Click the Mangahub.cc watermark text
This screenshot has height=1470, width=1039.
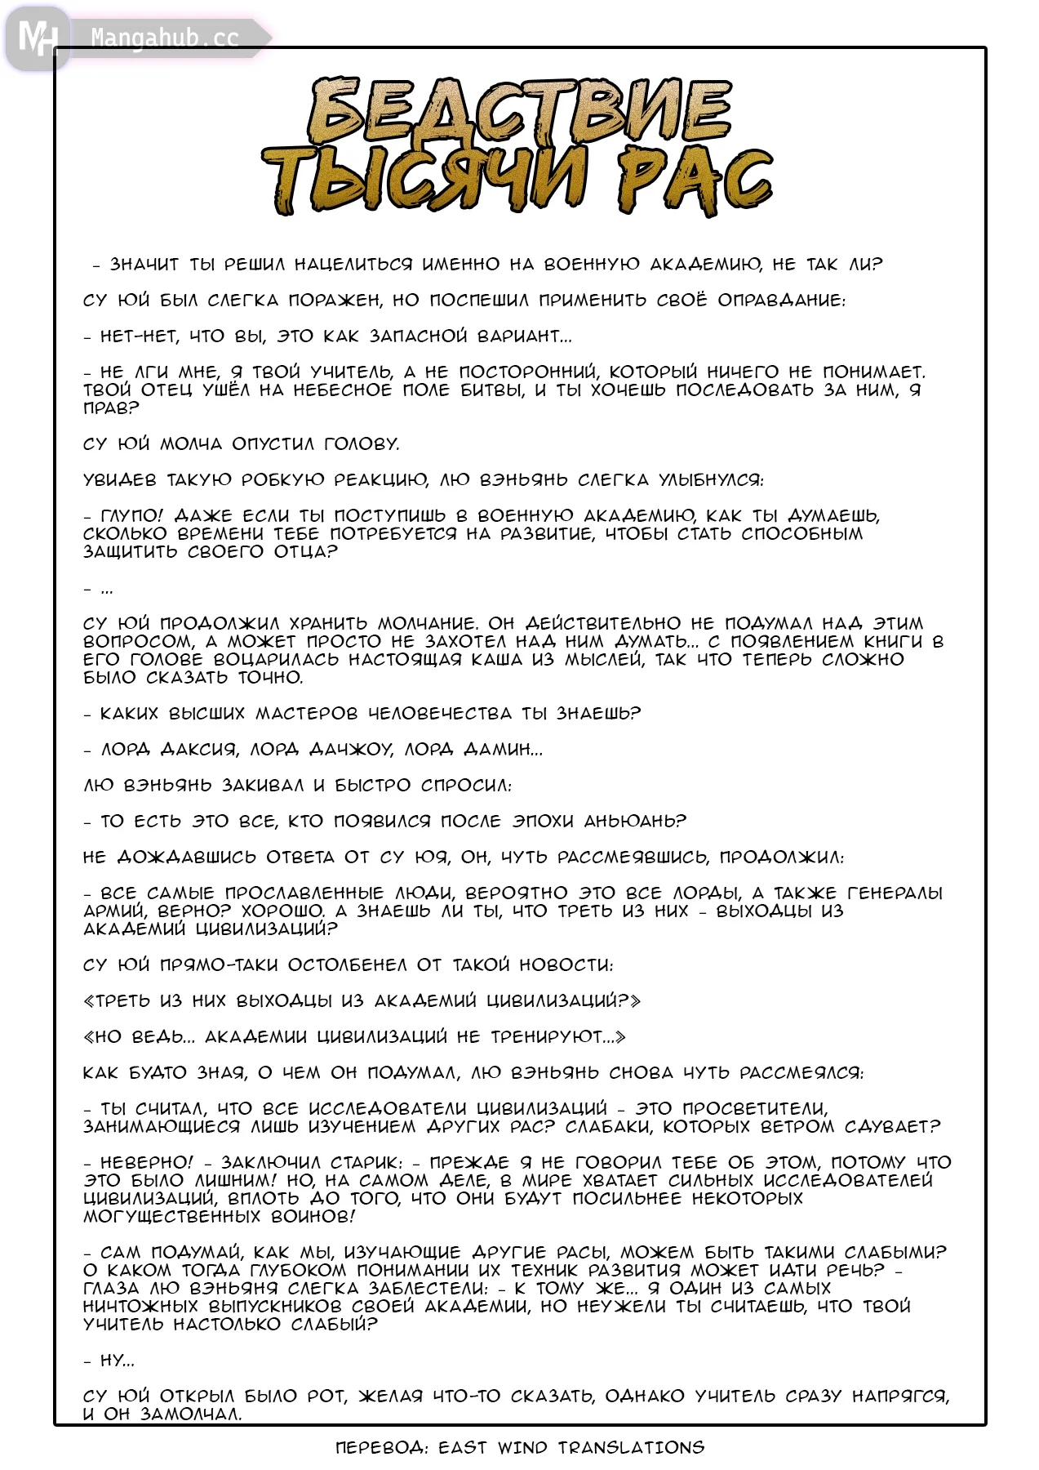click(x=164, y=38)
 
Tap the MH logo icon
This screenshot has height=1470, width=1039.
click(x=37, y=38)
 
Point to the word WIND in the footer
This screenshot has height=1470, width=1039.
click(x=522, y=1447)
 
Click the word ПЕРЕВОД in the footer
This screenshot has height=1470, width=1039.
click(x=381, y=1447)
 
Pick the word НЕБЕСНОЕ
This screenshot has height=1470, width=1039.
click(x=342, y=390)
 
